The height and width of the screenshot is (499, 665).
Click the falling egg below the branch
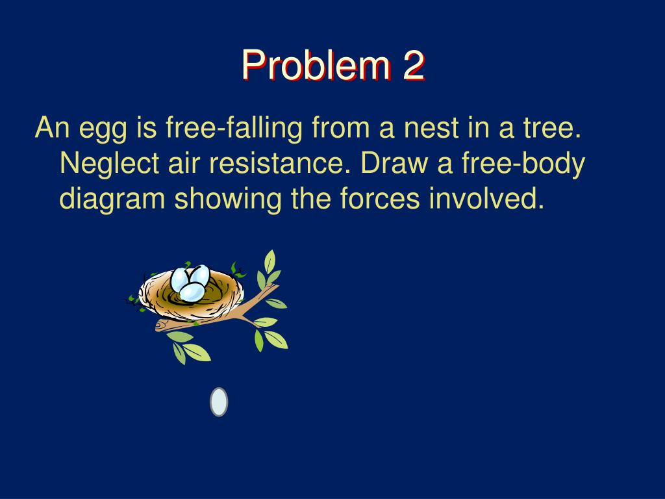pos(219,402)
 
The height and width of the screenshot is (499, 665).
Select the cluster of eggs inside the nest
pos(190,283)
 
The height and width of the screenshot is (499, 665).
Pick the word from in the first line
pos(340,129)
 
